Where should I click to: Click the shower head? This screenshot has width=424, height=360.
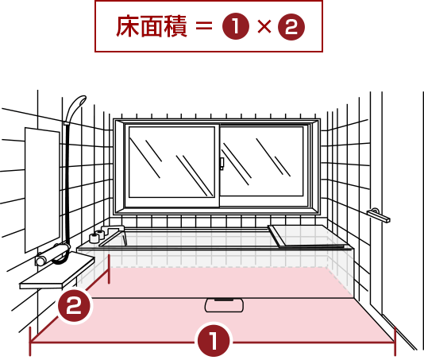pos(76,107)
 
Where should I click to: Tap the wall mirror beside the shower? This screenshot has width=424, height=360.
pos(42,189)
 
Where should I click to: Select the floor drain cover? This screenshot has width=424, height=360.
pos(224,305)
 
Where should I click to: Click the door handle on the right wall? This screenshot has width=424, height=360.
pos(379,215)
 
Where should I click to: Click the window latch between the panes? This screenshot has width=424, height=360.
pos(222,164)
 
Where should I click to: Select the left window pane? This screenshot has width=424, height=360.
pos(172,162)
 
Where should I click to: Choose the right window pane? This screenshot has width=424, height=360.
pos(262,161)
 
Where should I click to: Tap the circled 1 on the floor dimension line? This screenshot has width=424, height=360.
pos(214,339)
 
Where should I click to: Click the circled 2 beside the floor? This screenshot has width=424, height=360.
pos(74,306)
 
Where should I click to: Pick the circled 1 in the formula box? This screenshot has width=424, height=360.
pos(236,26)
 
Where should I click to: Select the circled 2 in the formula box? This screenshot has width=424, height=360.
pos(291,27)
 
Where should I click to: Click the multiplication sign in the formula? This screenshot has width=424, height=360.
pos(264,26)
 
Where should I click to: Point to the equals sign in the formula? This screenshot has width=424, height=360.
pos(203,26)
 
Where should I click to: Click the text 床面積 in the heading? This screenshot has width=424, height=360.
pos(152,26)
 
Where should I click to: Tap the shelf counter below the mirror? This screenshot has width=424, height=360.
pos(57,271)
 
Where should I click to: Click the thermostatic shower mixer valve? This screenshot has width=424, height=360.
pos(52,254)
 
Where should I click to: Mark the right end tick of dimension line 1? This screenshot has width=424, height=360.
pos(395,342)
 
